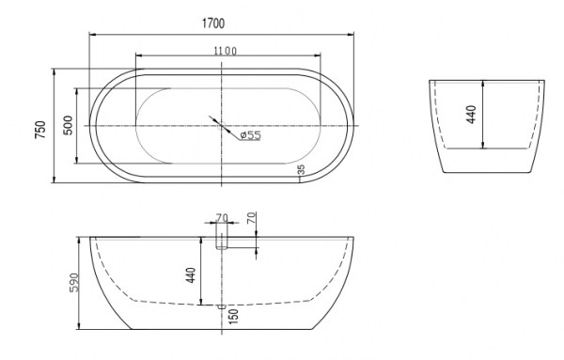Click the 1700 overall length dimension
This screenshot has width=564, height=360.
[213, 23]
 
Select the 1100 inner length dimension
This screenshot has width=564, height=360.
[226, 52]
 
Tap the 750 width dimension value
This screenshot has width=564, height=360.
[40, 130]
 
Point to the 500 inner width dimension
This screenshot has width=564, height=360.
[68, 125]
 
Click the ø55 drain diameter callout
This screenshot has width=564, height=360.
[250, 135]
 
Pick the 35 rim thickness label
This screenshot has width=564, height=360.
[302, 169]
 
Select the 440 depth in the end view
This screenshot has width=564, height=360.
[471, 115]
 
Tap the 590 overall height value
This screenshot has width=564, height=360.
[73, 282]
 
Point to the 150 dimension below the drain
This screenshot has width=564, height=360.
[233, 316]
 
